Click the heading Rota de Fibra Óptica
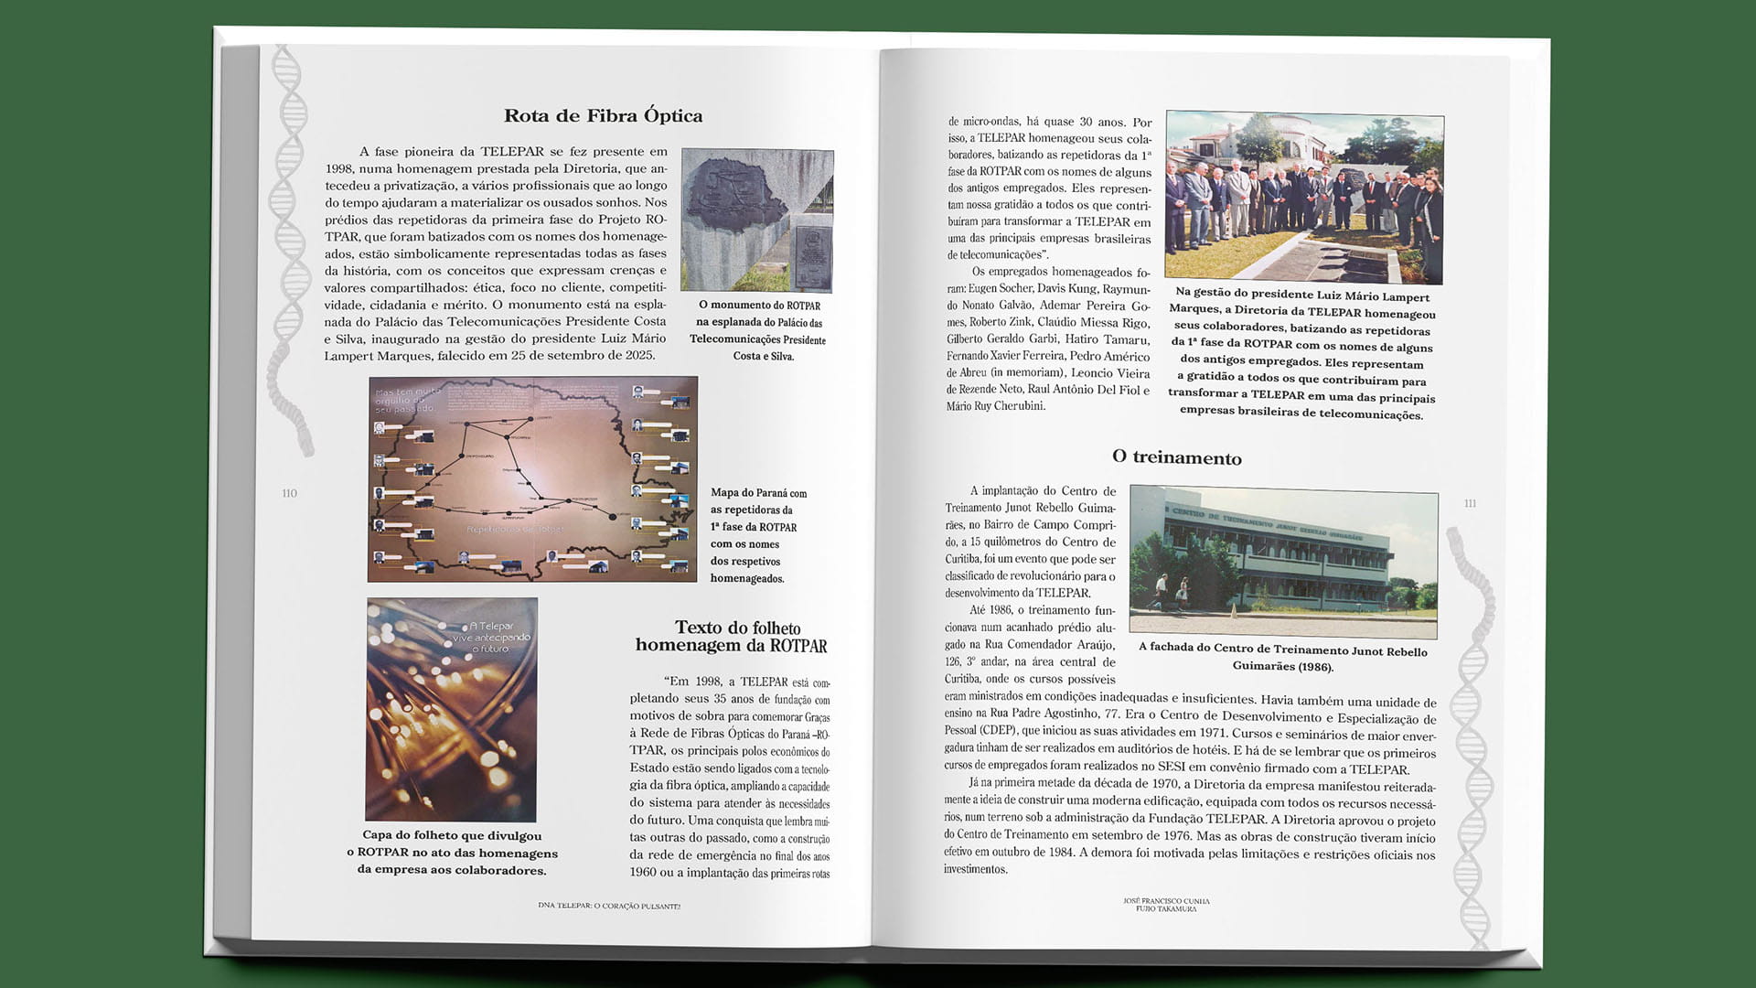(604, 116)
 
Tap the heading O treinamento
(1176, 457)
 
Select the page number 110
(290, 493)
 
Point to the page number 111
(1470, 503)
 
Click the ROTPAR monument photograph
(757, 220)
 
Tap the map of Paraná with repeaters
(532, 478)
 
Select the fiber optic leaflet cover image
(451, 709)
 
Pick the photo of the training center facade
(1283, 561)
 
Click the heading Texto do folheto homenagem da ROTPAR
(732, 637)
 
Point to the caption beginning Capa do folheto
(452, 853)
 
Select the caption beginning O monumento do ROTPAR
(759, 330)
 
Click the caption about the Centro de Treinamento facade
(1282, 659)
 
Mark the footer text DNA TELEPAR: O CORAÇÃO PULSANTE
(609, 906)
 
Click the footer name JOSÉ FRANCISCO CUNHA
(1166, 901)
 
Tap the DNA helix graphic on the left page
(290, 247)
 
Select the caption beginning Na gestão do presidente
(1302, 355)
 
